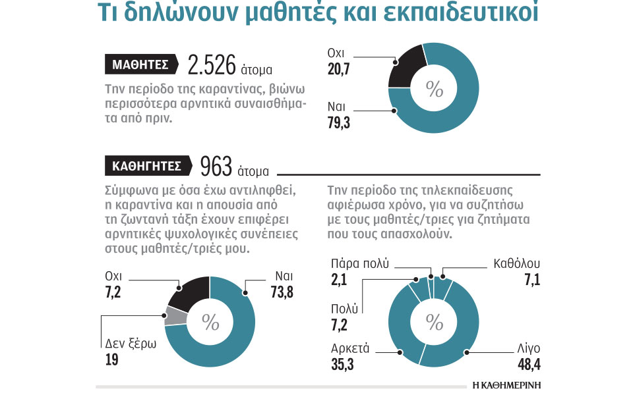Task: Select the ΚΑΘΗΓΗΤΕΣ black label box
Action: (147, 166)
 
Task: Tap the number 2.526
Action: (212, 65)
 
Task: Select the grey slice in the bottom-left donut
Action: (174, 317)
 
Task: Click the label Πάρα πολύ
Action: (359, 264)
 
